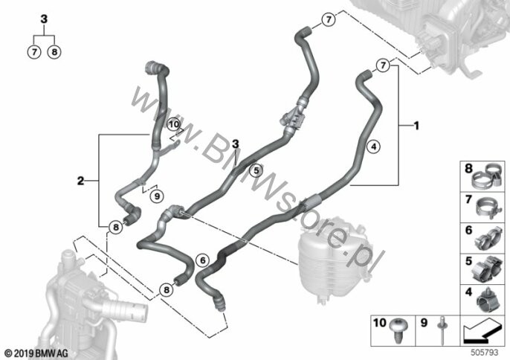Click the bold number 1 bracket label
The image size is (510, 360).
click(416, 125)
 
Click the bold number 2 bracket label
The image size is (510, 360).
click(80, 181)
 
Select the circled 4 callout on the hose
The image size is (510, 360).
click(373, 147)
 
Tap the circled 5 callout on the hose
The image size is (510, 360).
click(256, 170)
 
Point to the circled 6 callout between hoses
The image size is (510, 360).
click(203, 260)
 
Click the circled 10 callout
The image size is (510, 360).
click(174, 124)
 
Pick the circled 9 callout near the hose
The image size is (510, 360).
click(157, 196)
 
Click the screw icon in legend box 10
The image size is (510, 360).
click(398, 331)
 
